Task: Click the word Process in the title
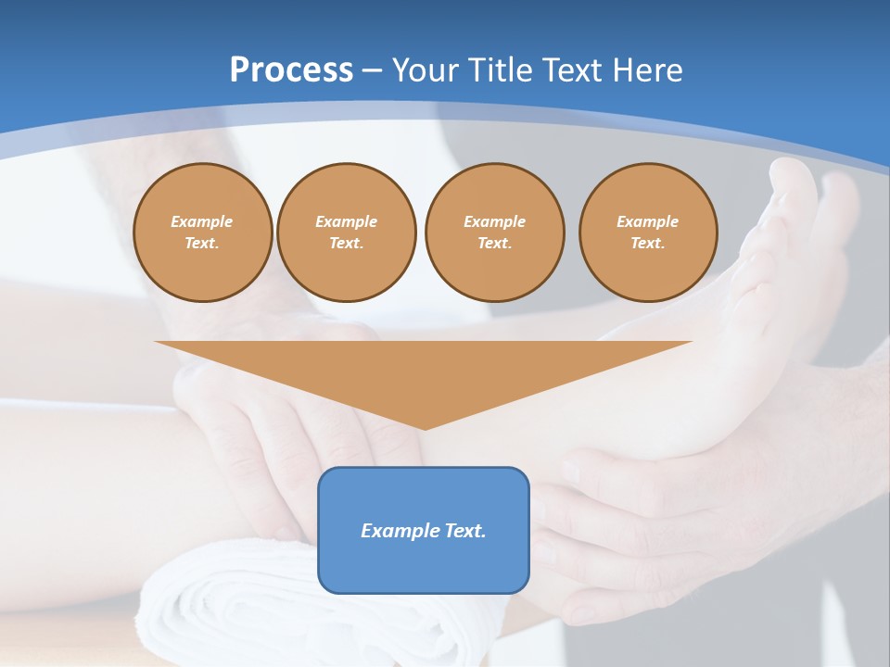(291, 70)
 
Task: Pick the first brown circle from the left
(203, 233)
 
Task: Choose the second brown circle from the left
(347, 233)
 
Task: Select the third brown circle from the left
(495, 233)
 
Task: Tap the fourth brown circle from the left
(648, 233)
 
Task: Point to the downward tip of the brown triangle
(425, 427)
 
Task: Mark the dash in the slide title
(373, 70)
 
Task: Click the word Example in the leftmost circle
(202, 221)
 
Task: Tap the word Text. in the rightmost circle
(648, 244)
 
